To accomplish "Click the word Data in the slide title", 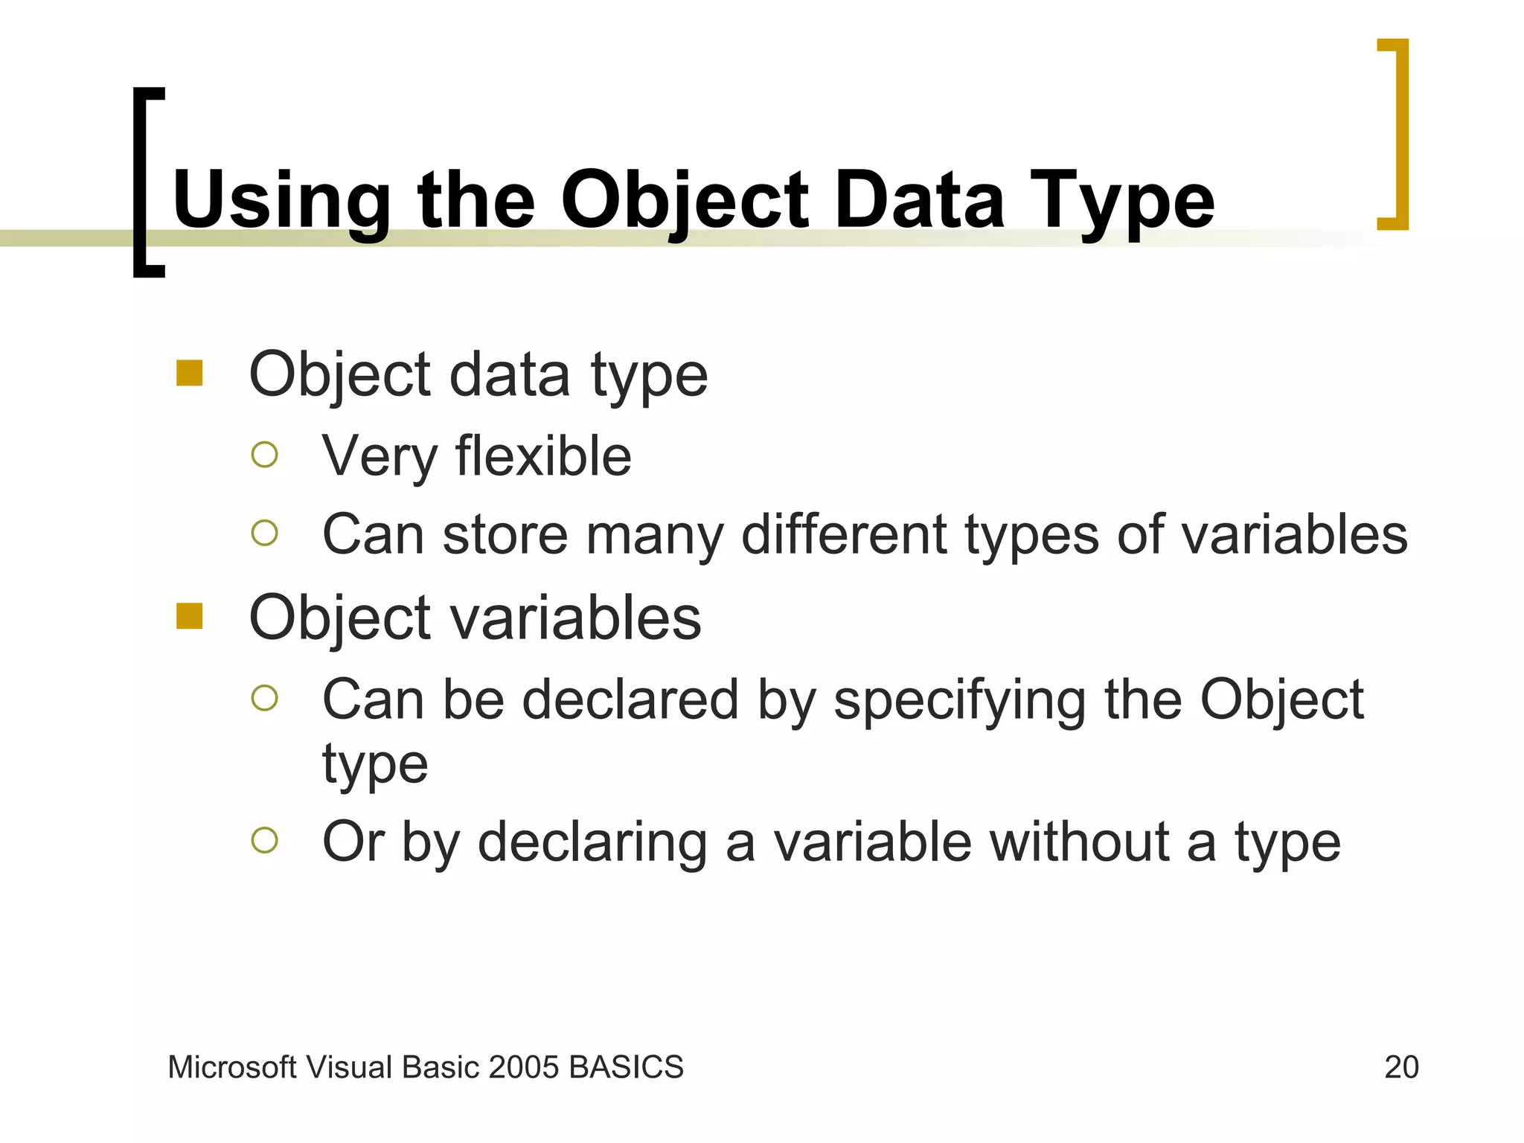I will coord(920,199).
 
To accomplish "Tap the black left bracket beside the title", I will coord(141,182).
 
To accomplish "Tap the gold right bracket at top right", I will coord(1400,134).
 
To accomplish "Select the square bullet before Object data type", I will coord(190,374).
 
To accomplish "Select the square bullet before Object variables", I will coord(190,616).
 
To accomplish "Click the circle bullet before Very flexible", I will coord(265,455).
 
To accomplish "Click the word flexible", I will coord(542,456).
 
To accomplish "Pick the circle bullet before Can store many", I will coord(265,533).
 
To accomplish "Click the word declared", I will coord(630,699).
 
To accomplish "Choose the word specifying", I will coord(959,701).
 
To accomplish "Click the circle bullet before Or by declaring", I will coord(265,840).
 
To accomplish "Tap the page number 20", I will coord(1400,1067).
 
